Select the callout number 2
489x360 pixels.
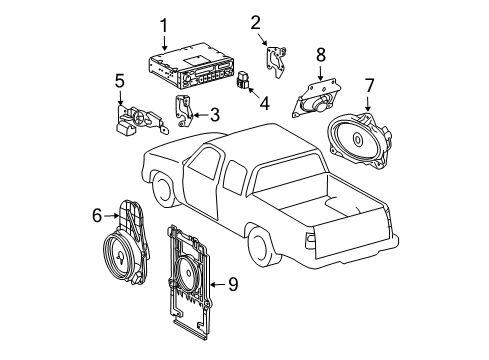pyautogui.click(x=255, y=22)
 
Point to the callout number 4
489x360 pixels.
pyautogui.click(x=263, y=101)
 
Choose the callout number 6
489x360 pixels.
pyautogui.click(x=97, y=213)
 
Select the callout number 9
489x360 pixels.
pyautogui.click(x=232, y=285)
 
